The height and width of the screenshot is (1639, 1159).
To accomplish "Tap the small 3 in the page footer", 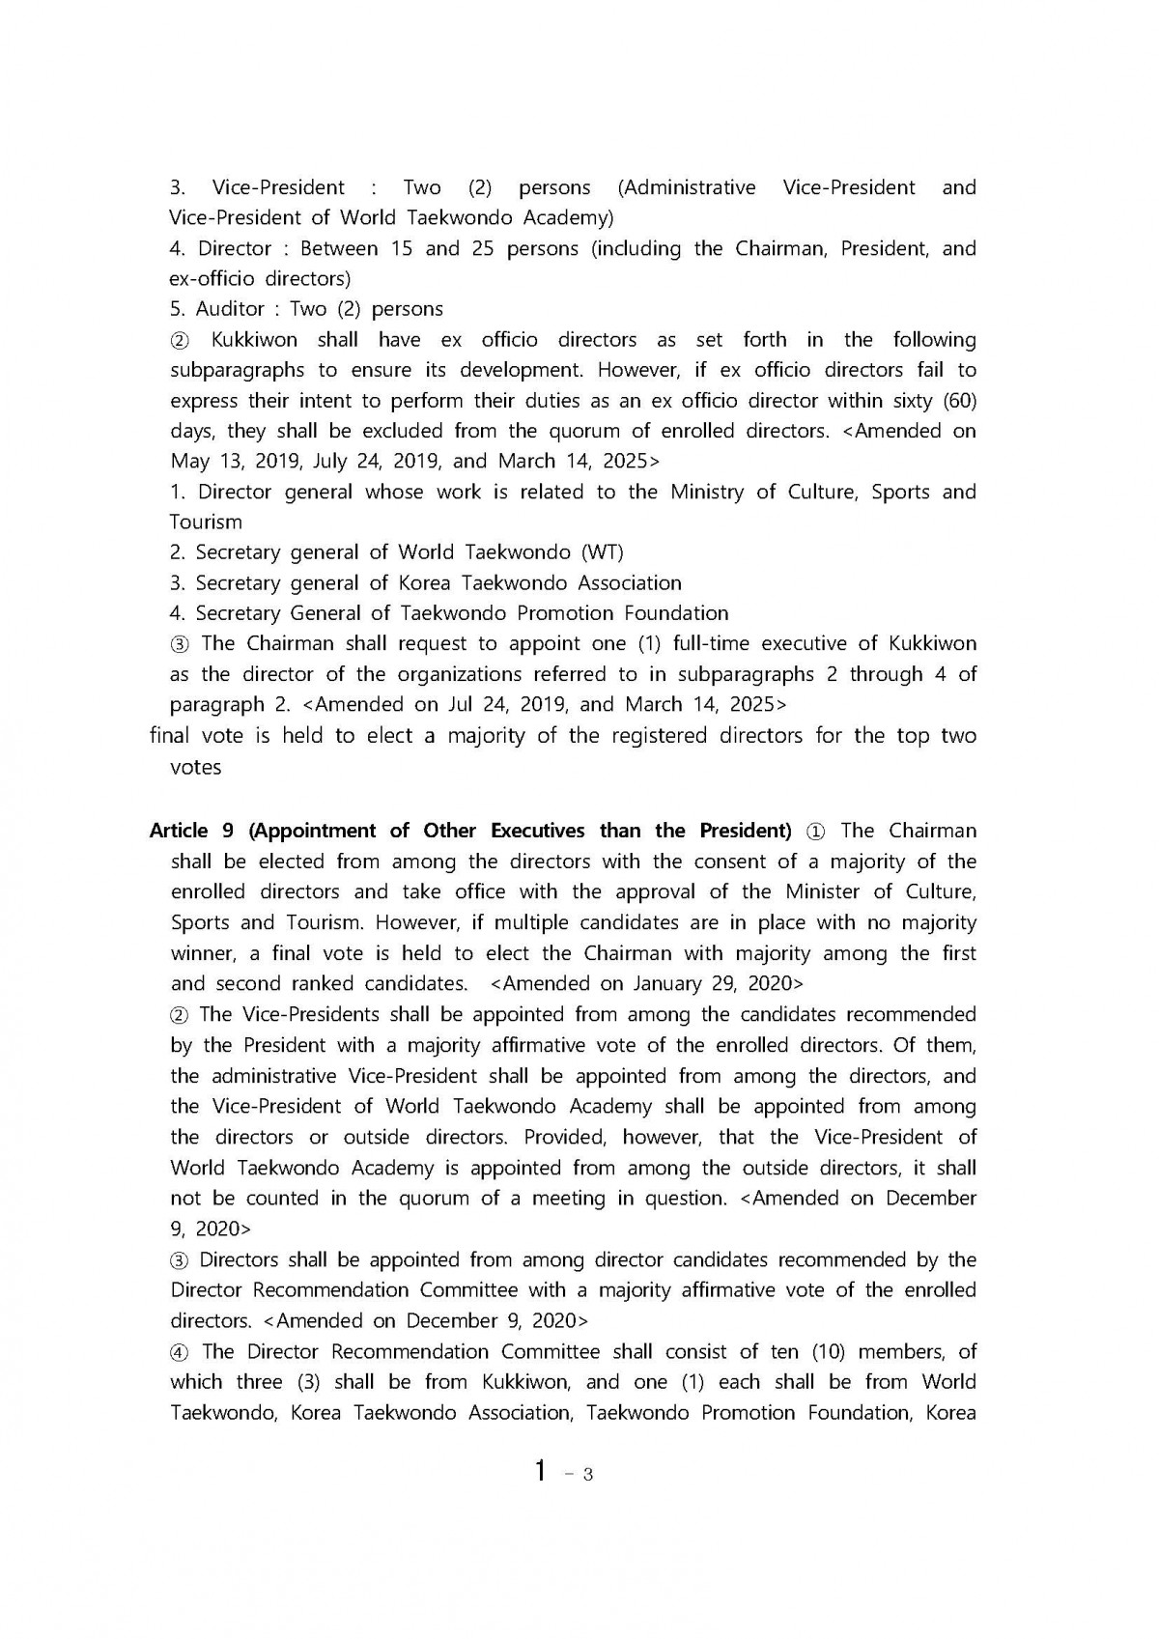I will (x=587, y=1475).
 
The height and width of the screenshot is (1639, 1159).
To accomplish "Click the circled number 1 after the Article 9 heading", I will (x=816, y=831).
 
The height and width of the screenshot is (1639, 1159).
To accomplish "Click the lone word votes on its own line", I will (x=196, y=768).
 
